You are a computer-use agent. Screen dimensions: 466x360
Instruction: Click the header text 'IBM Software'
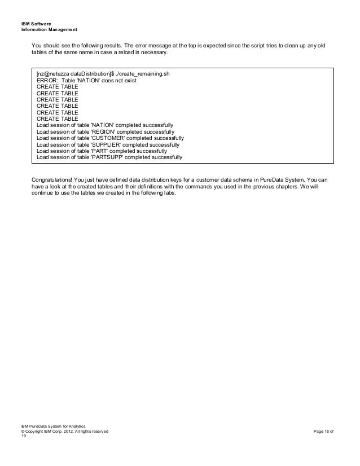(x=36, y=23)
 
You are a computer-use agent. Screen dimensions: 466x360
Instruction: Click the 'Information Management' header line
(x=49, y=29)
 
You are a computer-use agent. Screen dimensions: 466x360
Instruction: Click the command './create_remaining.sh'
(x=149, y=74)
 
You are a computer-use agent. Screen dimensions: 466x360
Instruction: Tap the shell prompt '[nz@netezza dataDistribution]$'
(x=76, y=74)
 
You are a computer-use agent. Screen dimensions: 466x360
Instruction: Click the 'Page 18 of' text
(x=323, y=432)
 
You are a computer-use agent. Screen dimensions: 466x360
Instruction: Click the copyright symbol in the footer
(x=22, y=432)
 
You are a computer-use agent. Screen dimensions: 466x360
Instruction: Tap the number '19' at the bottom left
(x=23, y=438)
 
